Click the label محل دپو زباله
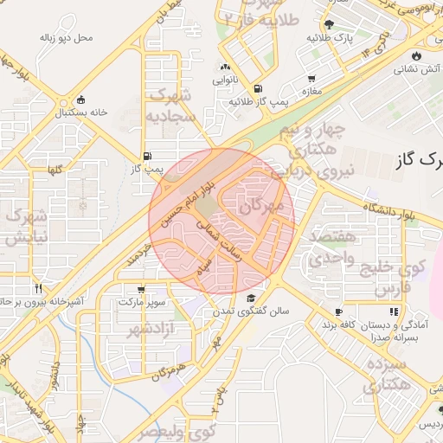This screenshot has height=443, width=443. click(66, 38)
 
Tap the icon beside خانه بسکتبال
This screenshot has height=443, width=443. click(81, 98)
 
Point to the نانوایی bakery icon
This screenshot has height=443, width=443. click(225, 67)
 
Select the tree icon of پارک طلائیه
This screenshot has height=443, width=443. click(329, 24)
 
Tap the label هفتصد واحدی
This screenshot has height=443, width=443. click(330, 247)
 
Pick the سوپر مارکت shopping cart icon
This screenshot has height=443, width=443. click(141, 289)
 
